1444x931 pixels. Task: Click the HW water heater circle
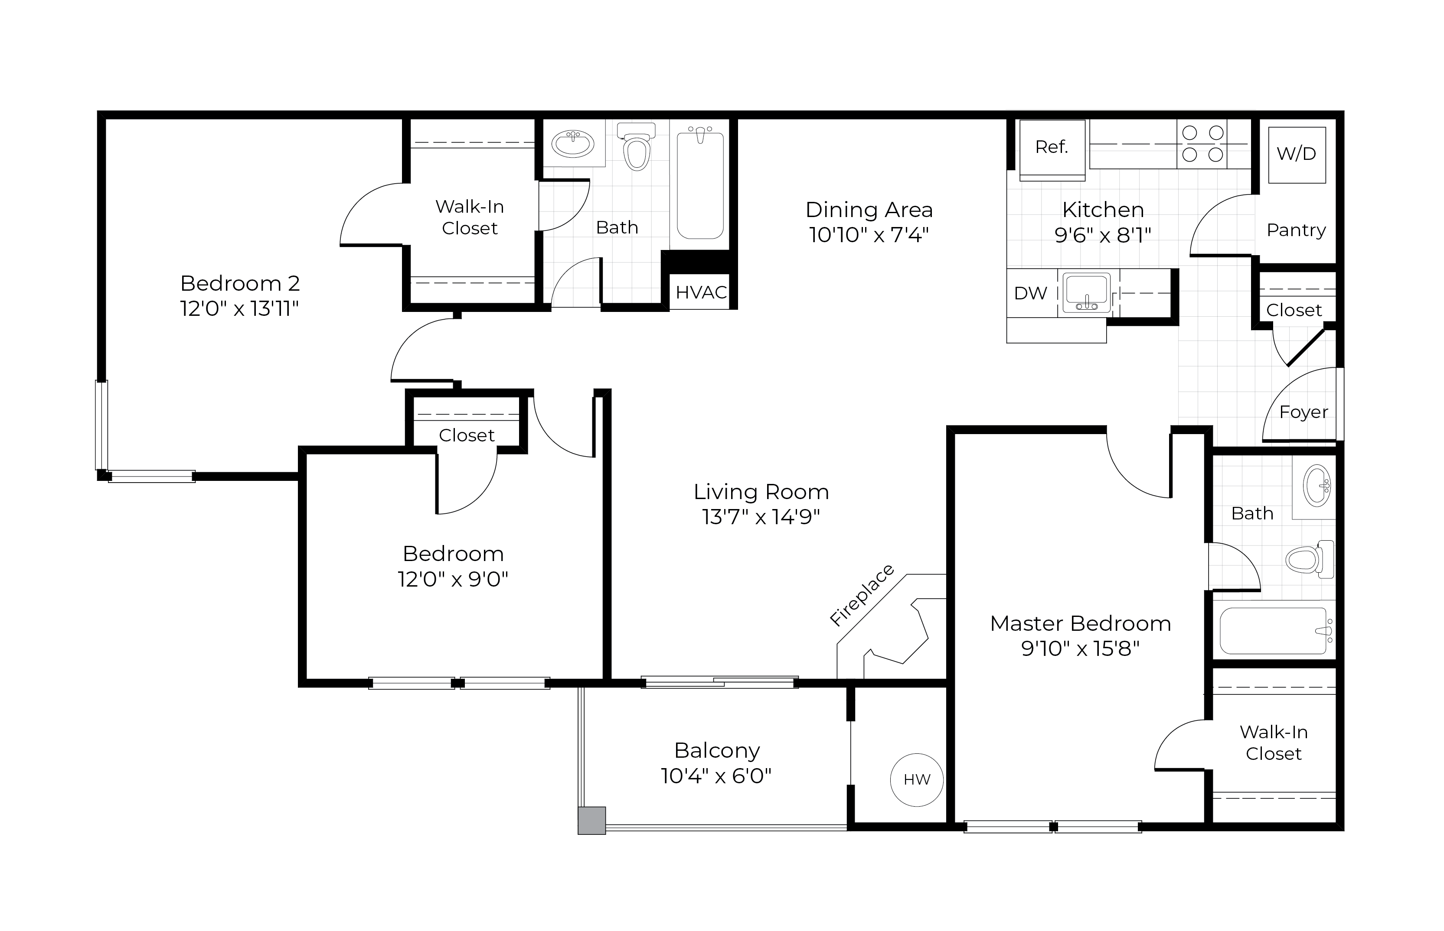[917, 780]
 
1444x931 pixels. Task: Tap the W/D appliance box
[1297, 154]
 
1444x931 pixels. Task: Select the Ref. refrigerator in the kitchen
[1052, 147]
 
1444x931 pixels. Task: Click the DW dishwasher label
[1030, 293]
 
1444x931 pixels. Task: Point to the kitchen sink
[1087, 292]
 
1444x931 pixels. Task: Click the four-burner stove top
[1202, 144]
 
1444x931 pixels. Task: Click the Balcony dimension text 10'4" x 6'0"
[716, 775]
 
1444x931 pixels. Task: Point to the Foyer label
[1304, 412]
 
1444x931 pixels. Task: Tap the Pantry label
[1296, 230]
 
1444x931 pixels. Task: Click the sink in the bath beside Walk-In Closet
[573, 144]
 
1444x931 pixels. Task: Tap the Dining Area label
[869, 210]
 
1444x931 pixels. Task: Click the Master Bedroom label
[1081, 623]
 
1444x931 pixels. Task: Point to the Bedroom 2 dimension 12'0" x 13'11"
[239, 309]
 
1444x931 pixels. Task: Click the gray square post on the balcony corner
[591, 821]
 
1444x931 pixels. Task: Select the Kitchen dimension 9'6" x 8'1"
[1103, 234]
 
